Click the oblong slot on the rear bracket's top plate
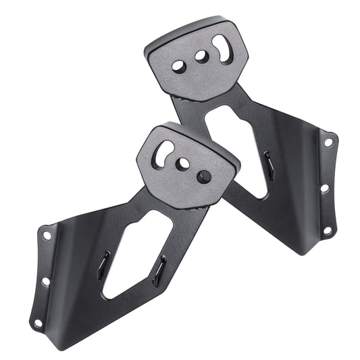[x=222, y=50]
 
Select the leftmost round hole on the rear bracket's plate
[x=179, y=67]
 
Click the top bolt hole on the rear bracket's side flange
[x=328, y=143]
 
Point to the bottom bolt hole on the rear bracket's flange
[x=326, y=231]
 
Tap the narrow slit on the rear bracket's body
[x=269, y=165]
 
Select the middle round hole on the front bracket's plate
[x=182, y=164]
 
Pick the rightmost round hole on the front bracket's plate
[x=204, y=177]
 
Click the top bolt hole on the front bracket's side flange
[x=47, y=236]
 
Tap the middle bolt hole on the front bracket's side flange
[x=45, y=280]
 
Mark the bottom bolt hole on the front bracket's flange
[x=38, y=323]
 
